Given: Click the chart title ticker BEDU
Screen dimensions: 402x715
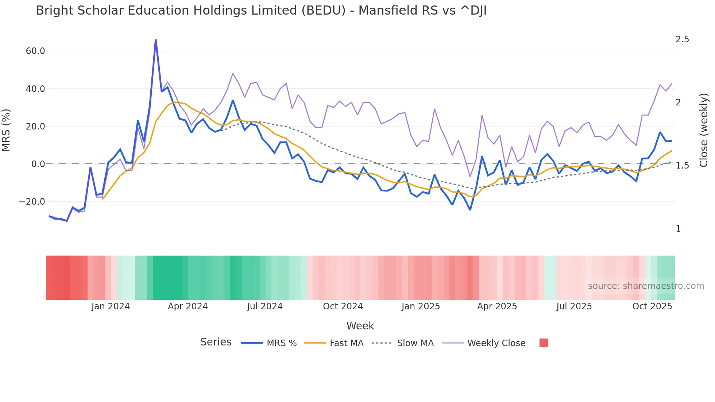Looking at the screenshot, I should [x=323, y=11].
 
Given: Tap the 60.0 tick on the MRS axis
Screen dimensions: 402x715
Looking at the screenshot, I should [x=35, y=51].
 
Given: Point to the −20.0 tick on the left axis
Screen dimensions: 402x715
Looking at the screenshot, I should [x=32, y=202].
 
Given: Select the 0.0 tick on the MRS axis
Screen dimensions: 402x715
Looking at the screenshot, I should [x=38, y=164].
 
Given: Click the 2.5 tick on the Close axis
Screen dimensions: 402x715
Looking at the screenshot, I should [x=682, y=39].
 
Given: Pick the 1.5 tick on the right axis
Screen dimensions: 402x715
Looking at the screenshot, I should [x=682, y=166].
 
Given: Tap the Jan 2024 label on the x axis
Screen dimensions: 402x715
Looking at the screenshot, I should [x=111, y=306].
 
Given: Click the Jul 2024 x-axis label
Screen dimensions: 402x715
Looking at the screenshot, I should [x=265, y=306].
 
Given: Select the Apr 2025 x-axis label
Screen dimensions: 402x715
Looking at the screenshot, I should [x=497, y=306].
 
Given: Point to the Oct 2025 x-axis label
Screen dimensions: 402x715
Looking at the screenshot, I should [x=652, y=306].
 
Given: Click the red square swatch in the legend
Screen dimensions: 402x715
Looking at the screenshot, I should [x=544, y=343].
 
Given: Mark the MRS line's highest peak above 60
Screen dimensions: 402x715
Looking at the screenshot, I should [x=156, y=40].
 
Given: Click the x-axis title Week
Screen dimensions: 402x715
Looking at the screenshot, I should [x=360, y=326].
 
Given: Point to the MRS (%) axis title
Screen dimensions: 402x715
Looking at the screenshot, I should [x=6, y=130].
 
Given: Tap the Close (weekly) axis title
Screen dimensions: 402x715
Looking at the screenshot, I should [x=704, y=130].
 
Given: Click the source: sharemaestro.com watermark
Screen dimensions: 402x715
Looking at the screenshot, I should [x=646, y=286].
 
